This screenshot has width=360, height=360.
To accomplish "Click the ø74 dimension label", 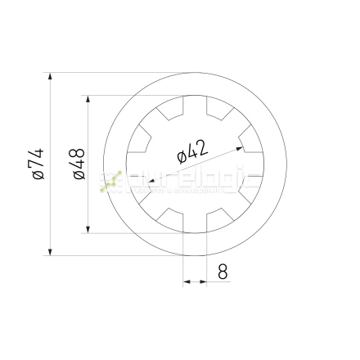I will (x=35, y=164).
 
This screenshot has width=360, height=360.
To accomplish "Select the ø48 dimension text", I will (x=79, y=164).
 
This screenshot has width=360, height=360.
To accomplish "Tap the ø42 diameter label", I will (x=192, y=151).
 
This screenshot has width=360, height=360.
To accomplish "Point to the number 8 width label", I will (x=223, y=272).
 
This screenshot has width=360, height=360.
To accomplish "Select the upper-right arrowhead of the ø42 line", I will (x=240, y=148).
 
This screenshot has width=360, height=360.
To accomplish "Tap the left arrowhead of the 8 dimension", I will (x=187, y=281).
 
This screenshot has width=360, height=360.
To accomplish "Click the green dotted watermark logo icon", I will (x=110, y=182).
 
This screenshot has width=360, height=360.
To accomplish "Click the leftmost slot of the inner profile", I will (x=134, y=164).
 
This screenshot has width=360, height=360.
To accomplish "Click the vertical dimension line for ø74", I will (x=51, y=205).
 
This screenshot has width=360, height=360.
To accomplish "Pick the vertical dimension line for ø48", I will (x=88, y=205).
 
